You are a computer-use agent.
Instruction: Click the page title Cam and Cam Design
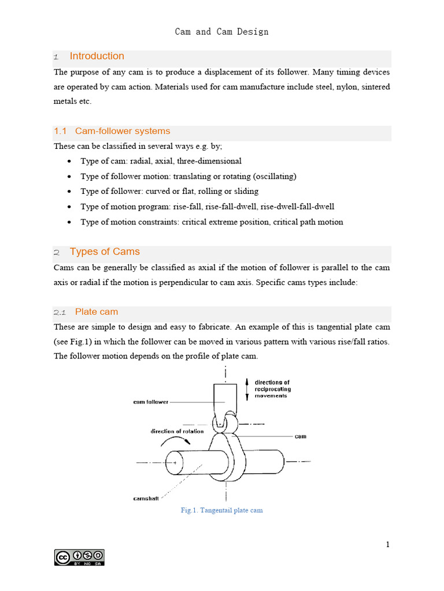coord(221,32)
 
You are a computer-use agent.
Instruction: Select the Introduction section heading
coord(97,56)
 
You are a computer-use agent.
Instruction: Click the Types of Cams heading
coord(105,252)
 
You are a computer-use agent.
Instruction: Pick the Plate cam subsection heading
coord(96,312)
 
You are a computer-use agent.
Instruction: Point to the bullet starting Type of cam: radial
coord(161,161)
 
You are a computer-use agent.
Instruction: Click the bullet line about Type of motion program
coord(207,206)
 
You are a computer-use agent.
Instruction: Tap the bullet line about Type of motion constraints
coord(212,222)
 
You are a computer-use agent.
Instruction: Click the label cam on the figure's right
coord(300,436)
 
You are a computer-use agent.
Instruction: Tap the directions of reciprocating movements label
coord(273,389)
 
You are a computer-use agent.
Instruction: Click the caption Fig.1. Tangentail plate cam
coord(221,511)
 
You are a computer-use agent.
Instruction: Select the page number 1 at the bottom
coord(388,544)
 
